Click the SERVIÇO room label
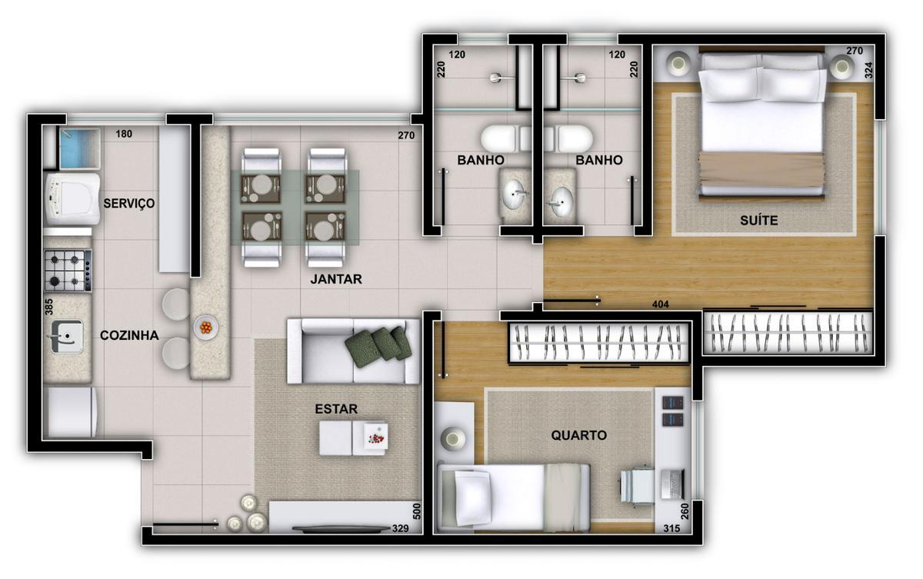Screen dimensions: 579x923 click(129, 204)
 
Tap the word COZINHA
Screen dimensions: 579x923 click(129, 335)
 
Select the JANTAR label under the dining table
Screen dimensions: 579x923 click(335, 279)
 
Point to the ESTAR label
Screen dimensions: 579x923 click(336, 409)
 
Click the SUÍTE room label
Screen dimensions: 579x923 click(759, 221)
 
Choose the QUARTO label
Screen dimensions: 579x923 click(578, 435)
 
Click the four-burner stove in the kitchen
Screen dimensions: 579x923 click(67, 270)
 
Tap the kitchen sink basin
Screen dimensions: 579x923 click(66, 336)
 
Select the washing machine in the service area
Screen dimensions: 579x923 click(73, 198)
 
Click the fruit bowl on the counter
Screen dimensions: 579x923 click(205, 327)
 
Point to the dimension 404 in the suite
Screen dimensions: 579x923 click(660, 304)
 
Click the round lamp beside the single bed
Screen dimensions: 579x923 click(453, 439)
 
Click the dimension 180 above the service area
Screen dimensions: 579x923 click(124, 135)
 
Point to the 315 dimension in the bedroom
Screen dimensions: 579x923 click(671, 528)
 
